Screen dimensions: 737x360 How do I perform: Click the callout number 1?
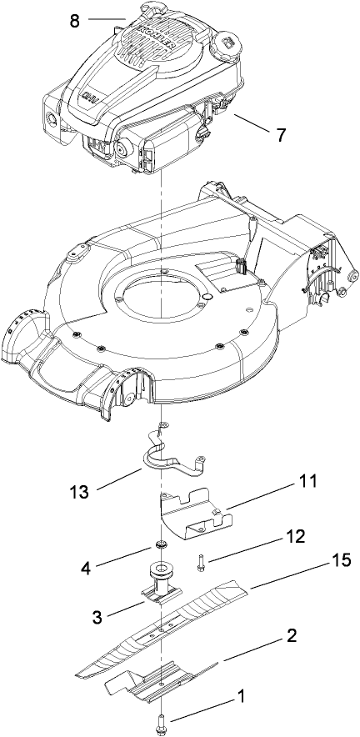coord(242,694)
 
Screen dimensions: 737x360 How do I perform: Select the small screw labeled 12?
coord(202,563)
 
